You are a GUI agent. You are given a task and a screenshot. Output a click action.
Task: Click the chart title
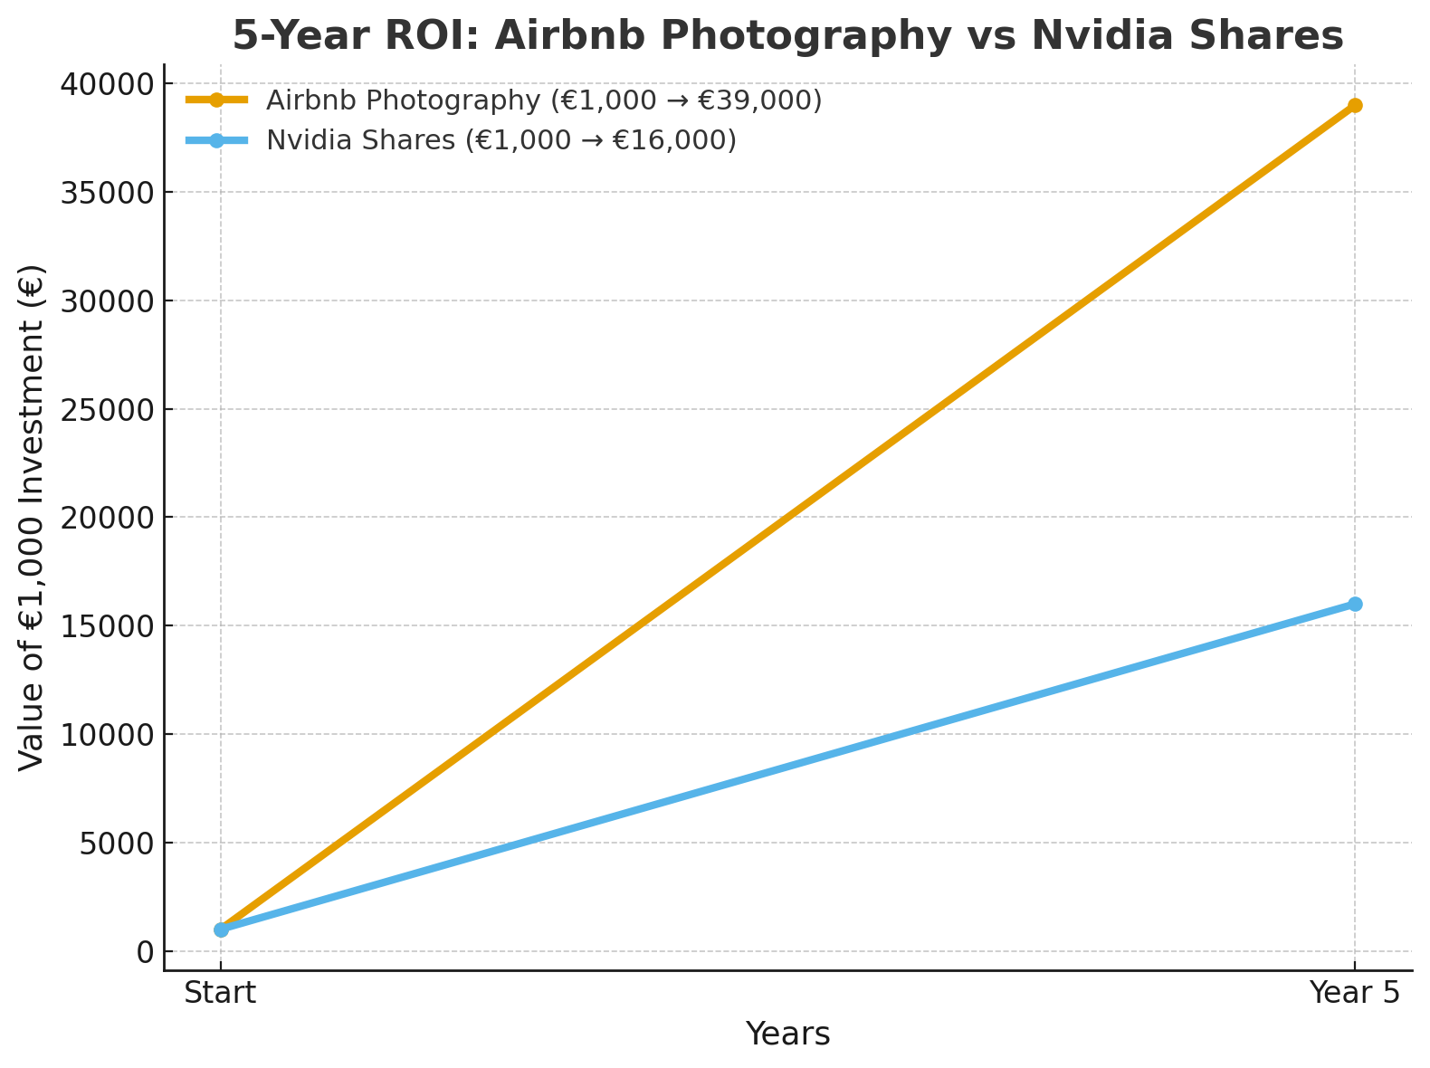pyautogui.click(x=787, y=36)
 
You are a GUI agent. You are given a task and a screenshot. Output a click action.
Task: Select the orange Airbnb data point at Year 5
pyautogui.click(x=1354, y=105)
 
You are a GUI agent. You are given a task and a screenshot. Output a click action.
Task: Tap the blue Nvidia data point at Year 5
pyautogui.click(x=1354, y=604)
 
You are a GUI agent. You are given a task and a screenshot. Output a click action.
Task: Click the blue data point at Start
pyautogui.click(x=221, y=930)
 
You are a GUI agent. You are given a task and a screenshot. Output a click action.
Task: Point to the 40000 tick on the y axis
pyautogui.click(x=108, y=84)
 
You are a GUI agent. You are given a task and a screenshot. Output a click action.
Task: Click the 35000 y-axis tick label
pyautogui.click(x=108, y=193)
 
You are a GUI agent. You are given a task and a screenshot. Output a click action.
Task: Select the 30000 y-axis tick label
pyautogui.click(x=108, y=301)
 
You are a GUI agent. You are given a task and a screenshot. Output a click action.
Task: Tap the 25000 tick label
pyautogui.click(x=108, y=410)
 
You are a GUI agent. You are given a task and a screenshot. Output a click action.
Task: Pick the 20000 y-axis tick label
pyautogui.click(x=108, y=518)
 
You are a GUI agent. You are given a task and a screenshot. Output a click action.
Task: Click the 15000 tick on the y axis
pyautogui.click(x=108, y=626)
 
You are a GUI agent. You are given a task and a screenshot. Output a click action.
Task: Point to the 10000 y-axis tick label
pyautogui.click(x=108, y=735)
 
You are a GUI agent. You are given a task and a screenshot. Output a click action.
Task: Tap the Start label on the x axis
pyautogui.click(x=220, y=993)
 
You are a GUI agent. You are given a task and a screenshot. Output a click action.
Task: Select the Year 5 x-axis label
pyautogui.click(x=1355, y=993)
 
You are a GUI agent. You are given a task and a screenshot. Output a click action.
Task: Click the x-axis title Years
pyautogui.click(x=787, y=1034)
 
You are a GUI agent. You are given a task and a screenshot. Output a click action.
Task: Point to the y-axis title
pyautogui.click(x=32, y=518)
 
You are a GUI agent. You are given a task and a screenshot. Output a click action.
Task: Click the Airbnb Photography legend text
pyautogui.click(x=544, y=100)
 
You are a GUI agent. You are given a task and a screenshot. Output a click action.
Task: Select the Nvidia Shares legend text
pyautogui.click(x=501, y=140)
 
